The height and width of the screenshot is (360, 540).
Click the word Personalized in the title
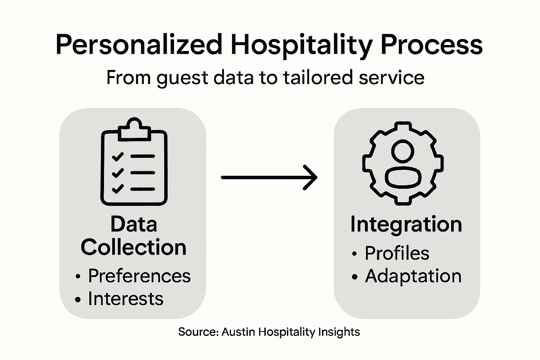tap(139, 45)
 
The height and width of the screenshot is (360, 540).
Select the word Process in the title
tap(432, 45)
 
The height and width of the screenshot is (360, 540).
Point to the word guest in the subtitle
tap(182, 78)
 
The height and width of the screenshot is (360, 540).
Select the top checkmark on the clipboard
tap(117, 156)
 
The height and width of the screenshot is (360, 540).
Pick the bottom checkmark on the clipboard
tap(117, 189)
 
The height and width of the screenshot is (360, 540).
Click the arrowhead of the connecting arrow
tap(311, 178)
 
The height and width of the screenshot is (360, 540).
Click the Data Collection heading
tap(134, 236)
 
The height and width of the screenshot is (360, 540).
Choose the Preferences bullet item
tap(139, 276)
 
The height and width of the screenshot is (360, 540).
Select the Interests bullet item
tap(126, 298)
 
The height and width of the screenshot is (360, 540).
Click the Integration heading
tap(406, 224)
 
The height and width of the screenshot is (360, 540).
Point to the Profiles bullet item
tap(397, 253)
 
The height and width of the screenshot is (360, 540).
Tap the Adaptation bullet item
tap(413, 276)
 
